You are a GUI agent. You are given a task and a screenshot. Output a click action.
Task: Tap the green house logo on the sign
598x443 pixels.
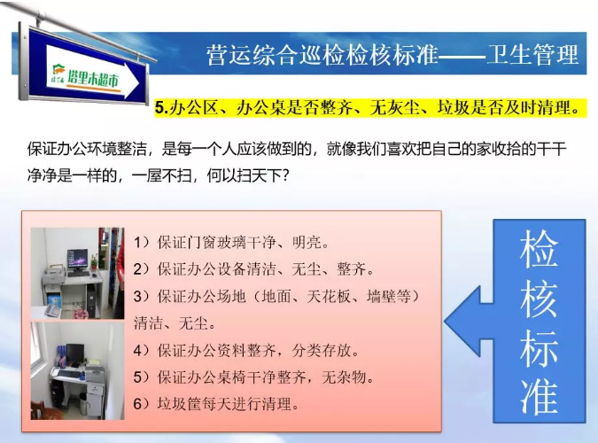point(58,70)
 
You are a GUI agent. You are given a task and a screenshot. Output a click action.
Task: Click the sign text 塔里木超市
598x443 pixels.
point(93,79)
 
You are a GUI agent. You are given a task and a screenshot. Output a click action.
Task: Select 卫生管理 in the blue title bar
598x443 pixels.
point(532,55)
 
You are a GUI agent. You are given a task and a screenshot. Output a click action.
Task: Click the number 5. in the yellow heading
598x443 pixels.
point(161,108)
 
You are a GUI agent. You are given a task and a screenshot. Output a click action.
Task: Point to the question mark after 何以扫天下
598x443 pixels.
point(284,175)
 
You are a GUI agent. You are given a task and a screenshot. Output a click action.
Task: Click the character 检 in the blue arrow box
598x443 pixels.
point(539,248)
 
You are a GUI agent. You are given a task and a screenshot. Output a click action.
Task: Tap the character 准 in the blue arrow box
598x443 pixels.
point(539,395)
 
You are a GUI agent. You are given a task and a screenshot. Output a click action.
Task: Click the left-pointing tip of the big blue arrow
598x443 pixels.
point(445,322)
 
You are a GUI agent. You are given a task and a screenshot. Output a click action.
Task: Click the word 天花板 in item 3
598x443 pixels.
point(329,297)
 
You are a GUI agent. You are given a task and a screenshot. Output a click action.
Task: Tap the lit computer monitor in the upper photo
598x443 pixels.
point(77,259)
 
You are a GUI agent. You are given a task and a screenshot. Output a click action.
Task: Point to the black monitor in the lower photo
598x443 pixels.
point(75,354)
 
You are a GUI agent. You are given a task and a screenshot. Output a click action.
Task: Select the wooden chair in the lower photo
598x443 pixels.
point(41,410)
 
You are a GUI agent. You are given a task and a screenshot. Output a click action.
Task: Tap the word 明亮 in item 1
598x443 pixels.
point(307,243)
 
